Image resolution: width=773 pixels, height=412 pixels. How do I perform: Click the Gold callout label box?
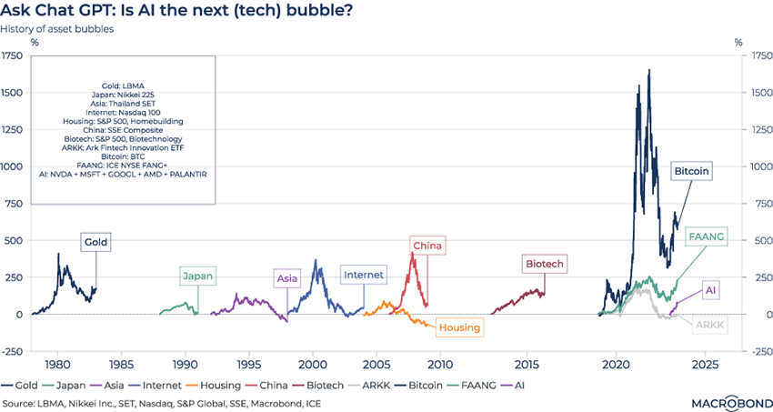[x=95, y=243]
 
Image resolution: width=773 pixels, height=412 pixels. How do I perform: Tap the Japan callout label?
[x=197, y=276]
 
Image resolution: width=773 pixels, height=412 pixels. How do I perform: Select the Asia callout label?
[x=287, y=277]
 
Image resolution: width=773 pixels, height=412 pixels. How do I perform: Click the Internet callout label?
[x=364, y=274]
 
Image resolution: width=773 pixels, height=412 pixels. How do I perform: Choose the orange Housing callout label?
[x=459, y=327]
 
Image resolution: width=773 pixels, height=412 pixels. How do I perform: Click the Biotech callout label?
[x=544, y=264]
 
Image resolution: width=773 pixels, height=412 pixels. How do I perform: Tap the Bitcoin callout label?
[x=691, y=171]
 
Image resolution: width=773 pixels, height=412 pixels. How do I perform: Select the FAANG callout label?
[x=706, y=236]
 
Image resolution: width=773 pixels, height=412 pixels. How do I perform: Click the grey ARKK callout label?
[x=709, y=325]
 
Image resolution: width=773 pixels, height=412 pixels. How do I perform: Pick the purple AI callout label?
[x=711, y=289]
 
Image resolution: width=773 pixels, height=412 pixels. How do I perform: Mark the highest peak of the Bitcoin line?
[x=648, y=70]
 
